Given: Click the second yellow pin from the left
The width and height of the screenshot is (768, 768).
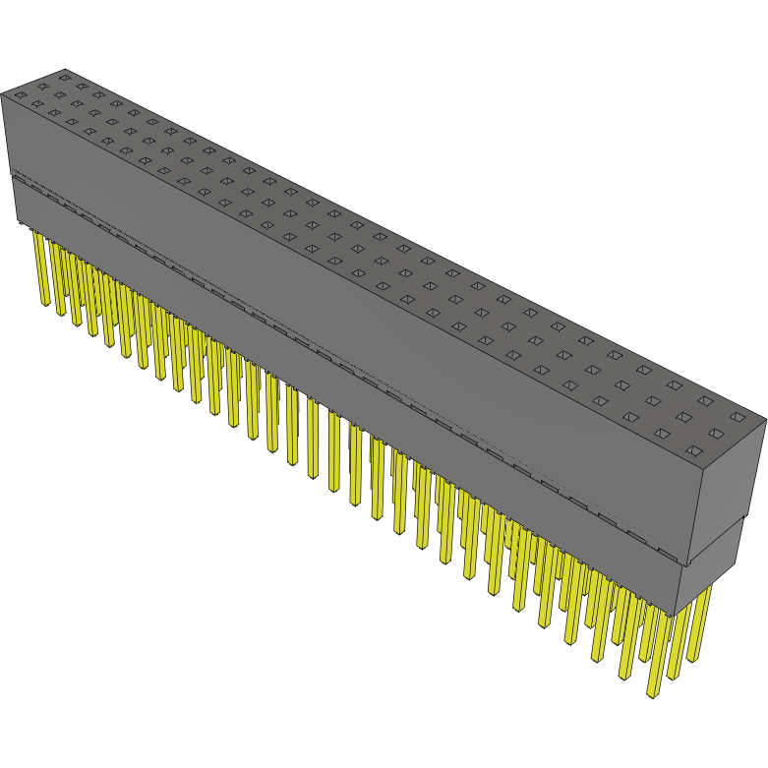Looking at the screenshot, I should tap(57, 280).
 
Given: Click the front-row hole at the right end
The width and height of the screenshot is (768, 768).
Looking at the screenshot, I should tap(693, 451).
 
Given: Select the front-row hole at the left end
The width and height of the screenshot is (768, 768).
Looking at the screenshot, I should tap(20, 93).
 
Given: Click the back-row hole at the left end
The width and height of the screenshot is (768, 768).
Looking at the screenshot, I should tap(65, 75).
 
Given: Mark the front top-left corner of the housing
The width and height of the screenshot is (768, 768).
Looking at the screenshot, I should tap(2, 95).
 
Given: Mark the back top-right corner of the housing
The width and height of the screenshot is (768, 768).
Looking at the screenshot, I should tap(765, 421).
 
